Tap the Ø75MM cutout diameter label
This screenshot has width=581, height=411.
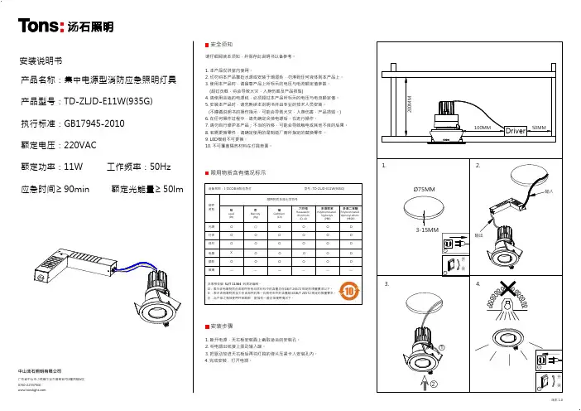[425, 191]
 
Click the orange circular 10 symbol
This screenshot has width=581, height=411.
[350, 294]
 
